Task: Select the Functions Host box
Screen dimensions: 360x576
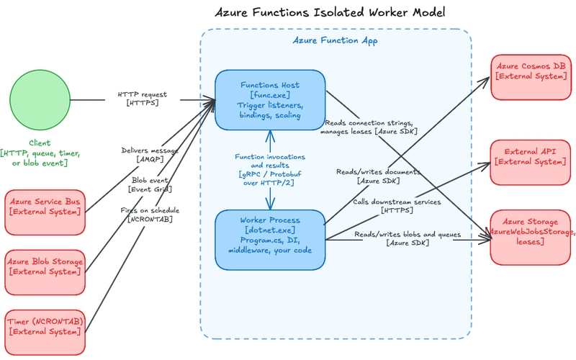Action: pyautogui.click(x=270, y=100)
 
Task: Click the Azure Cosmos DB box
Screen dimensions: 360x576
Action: pyautogui.click(x=533, y=71)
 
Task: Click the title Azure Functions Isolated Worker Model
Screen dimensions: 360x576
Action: pyautogui.click(x=330, y=13)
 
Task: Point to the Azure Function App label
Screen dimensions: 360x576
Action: pyautogui.click(x=335, y=41)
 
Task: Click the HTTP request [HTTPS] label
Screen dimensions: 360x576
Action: pyautogui.click(x=143, y=99)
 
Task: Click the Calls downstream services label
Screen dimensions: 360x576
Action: pyautogui.click(x=397, y=206)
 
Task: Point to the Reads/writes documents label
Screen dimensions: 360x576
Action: pyautogui.click(x=378, y=176)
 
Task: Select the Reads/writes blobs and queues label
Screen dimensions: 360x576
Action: pyautogui.click(x=408, y=239)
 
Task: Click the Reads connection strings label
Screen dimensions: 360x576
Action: pyautogui.click(x=370, y=127)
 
